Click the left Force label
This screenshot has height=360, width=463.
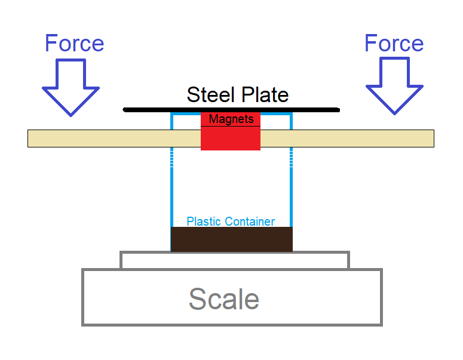75,44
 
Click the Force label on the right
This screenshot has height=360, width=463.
394,44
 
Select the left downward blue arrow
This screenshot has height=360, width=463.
70,87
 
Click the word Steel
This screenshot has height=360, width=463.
208,95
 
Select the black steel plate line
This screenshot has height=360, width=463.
149,110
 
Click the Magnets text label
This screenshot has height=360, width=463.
231,119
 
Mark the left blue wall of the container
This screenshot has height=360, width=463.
171,191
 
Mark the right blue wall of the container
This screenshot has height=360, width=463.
291,191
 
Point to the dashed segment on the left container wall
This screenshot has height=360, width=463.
171,157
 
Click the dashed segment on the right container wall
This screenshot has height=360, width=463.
291,157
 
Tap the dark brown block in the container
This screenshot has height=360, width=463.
231,239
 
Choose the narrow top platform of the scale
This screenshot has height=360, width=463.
234,260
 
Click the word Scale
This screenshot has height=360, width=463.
224,299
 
